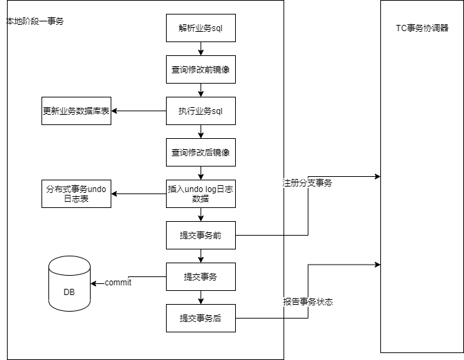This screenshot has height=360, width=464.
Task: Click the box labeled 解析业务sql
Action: coord(201,28)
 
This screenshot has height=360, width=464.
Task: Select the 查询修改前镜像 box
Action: coord(201,69)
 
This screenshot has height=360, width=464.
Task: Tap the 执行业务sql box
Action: coord(201,111)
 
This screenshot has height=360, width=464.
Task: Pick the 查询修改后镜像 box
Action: coord(201,152)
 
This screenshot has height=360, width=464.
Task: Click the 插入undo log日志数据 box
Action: coord(201,193)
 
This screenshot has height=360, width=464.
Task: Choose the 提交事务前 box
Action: coord(201,235)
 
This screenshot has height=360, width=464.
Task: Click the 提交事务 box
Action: coord(201,276)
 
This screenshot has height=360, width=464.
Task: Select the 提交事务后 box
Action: coord(201,318)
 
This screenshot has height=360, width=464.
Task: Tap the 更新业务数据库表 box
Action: coord(77,111)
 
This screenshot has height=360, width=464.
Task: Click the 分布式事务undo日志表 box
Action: coord(77,193)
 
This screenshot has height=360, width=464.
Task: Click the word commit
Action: coord(118,283)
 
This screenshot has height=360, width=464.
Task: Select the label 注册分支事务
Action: coord(307,183)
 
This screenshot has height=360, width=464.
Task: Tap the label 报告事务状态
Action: coord(308,302)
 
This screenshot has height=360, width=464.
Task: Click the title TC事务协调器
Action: coord(422,28)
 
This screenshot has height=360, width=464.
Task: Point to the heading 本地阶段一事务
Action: coord(35,21)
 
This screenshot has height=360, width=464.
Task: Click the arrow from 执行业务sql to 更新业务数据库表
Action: coord(139,111)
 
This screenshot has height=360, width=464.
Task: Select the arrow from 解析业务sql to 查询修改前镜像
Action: coord(201,48)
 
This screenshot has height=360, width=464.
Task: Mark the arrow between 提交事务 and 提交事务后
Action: coord(201,297)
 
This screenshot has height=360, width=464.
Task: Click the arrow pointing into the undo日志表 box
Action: coord(139,193)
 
